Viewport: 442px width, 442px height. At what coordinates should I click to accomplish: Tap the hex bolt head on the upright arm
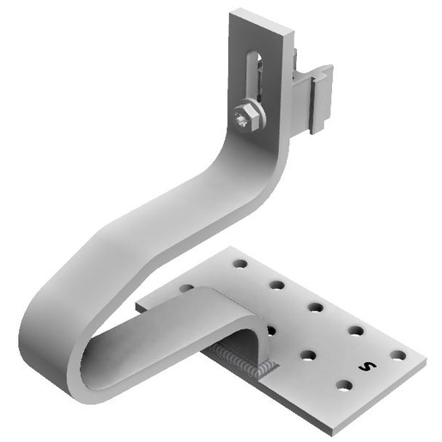tap(245, 117)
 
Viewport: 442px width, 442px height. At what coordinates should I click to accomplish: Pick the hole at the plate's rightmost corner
tap(397, 354)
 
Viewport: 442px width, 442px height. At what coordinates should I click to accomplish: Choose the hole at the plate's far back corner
tap(239, 264)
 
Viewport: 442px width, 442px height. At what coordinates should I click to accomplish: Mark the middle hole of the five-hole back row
tap(316, 306)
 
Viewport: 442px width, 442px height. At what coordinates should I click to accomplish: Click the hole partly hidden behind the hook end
tap(271, 330)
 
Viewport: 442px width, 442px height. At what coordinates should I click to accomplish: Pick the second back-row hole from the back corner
tap(276, 285)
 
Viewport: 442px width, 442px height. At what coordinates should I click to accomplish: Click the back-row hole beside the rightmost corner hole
tap(355, 330)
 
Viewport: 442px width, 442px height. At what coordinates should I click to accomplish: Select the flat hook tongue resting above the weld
tap(227, 318)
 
